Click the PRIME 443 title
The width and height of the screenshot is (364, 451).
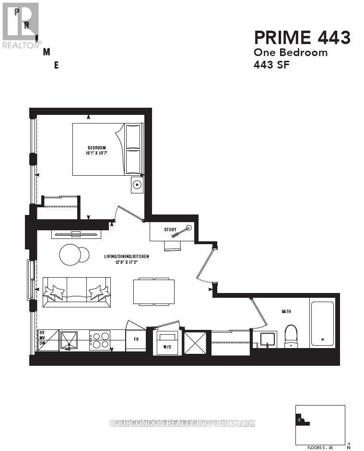click(x=302, y=37)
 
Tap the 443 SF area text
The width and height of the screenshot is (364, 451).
click(x=271, y=65)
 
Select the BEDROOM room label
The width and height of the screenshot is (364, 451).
click(x=96, y=147)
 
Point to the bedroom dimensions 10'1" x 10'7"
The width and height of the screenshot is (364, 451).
click(x=96, y=153)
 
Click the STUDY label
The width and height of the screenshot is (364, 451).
click(x=170, y=230)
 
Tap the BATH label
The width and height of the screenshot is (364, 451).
click(x=286, y=312)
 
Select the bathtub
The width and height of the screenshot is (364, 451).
click(x=322, y=323)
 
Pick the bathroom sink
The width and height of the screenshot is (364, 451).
click(x=268, y=339)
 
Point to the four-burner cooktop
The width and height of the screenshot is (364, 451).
click(x=99, y=340)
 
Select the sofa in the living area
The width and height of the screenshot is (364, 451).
click(x=77, y=292)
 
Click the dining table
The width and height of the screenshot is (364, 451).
click(x=153, y=291)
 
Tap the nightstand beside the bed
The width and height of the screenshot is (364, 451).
click(x=137, y=185)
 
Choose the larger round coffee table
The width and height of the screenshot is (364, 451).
click(x=70, y=255)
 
